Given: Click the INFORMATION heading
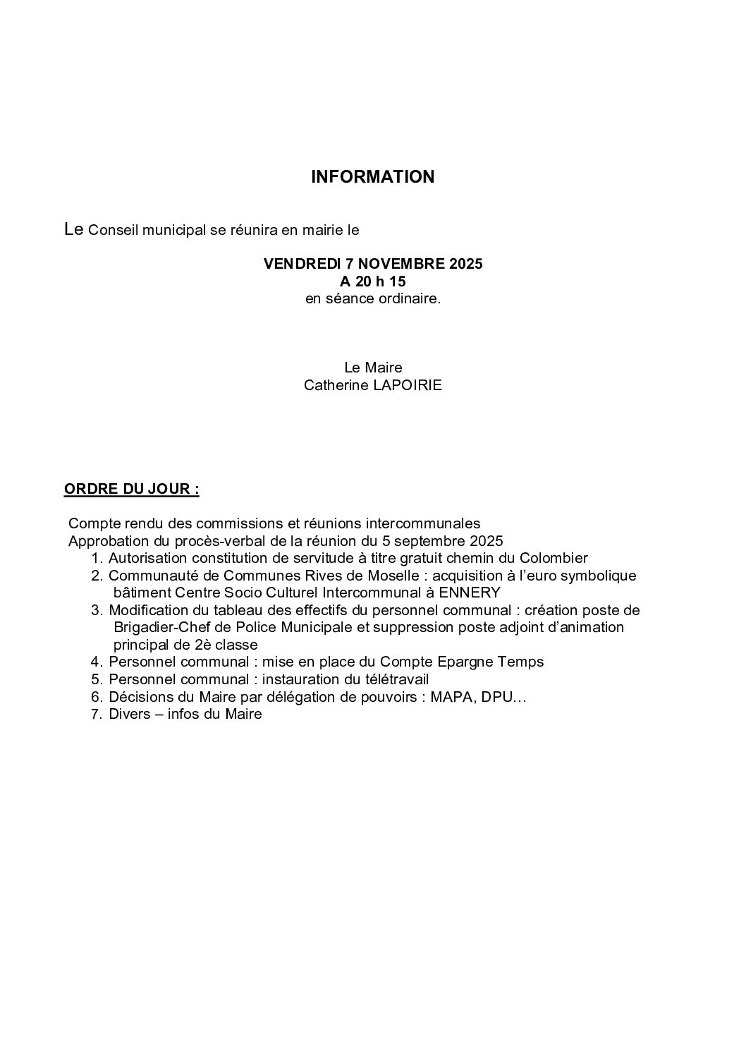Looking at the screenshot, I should pyautogui.click(x=372, y=177).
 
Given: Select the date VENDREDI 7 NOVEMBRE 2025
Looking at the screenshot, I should pyautogui.click(x=372, y=264).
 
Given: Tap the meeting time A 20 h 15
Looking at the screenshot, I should pyautogui.click(x=372, y=281).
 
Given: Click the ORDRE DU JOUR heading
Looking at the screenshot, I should pyautogui.click(x=131, y=489).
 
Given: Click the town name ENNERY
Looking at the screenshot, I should pyautogui.click(x=470, y=593).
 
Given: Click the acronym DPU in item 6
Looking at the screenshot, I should pyautogui.click(x=506, y=697).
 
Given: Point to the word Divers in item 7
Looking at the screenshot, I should pyautogui.click(x=128, y=714).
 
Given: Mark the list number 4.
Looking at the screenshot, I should pyautogui.click(x=97, y=662).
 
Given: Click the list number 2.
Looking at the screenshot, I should pyautogui.click(x=97, y=576).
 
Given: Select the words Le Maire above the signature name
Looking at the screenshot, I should pyautogui.click(x=372, y=368).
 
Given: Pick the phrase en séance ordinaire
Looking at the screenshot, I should pyautogui.click(x=372, y=298).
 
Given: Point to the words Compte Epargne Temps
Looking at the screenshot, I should pyautogui.click(x=462, y=662).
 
